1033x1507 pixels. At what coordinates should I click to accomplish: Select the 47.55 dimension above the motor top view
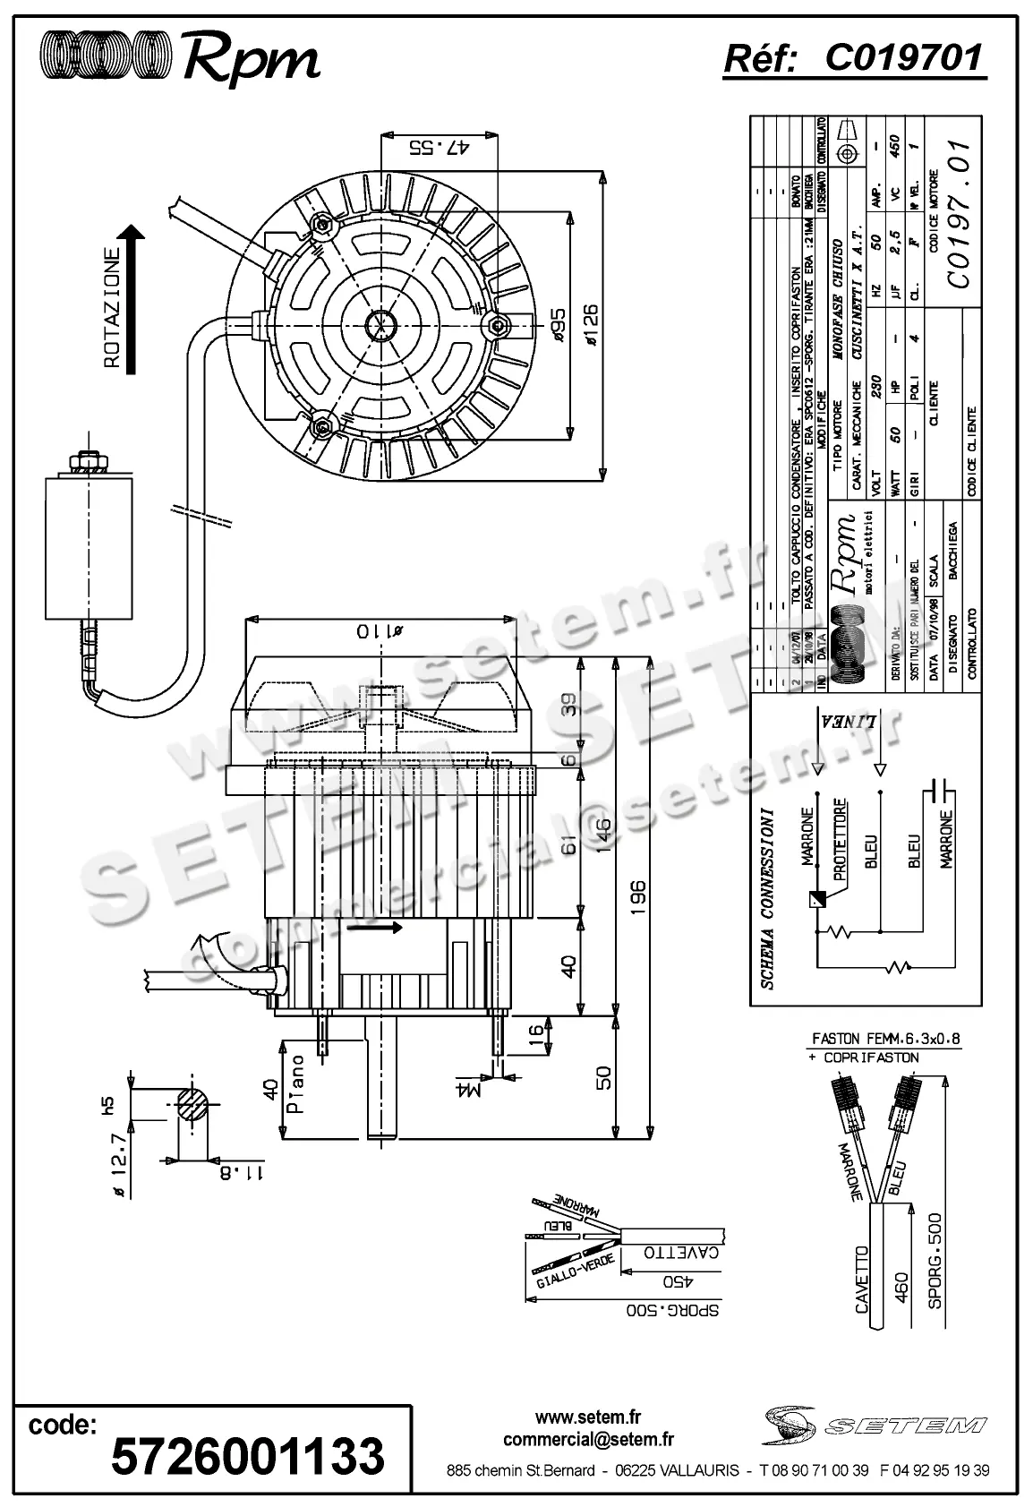[439, 148]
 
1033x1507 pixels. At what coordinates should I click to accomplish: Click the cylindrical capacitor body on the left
[90, 548]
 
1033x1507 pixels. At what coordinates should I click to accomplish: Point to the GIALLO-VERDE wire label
[575, 1269]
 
